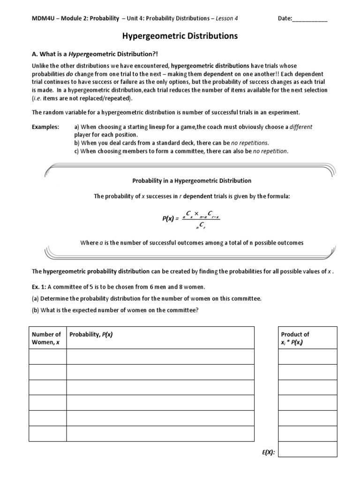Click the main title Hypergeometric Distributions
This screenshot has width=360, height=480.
coord(180,36)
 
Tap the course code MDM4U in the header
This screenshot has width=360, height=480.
coord(41,18)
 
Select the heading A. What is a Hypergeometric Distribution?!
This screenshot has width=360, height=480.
coord(91,54)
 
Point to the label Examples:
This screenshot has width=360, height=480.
coord(45,127)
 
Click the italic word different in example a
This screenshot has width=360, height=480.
coord(301,127)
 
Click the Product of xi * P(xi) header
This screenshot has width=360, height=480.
coord(295,338)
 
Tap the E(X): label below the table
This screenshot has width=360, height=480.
coord(269,452)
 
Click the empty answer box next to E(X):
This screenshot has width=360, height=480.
coord(307,449)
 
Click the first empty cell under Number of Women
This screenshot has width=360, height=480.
coord(47,357)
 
